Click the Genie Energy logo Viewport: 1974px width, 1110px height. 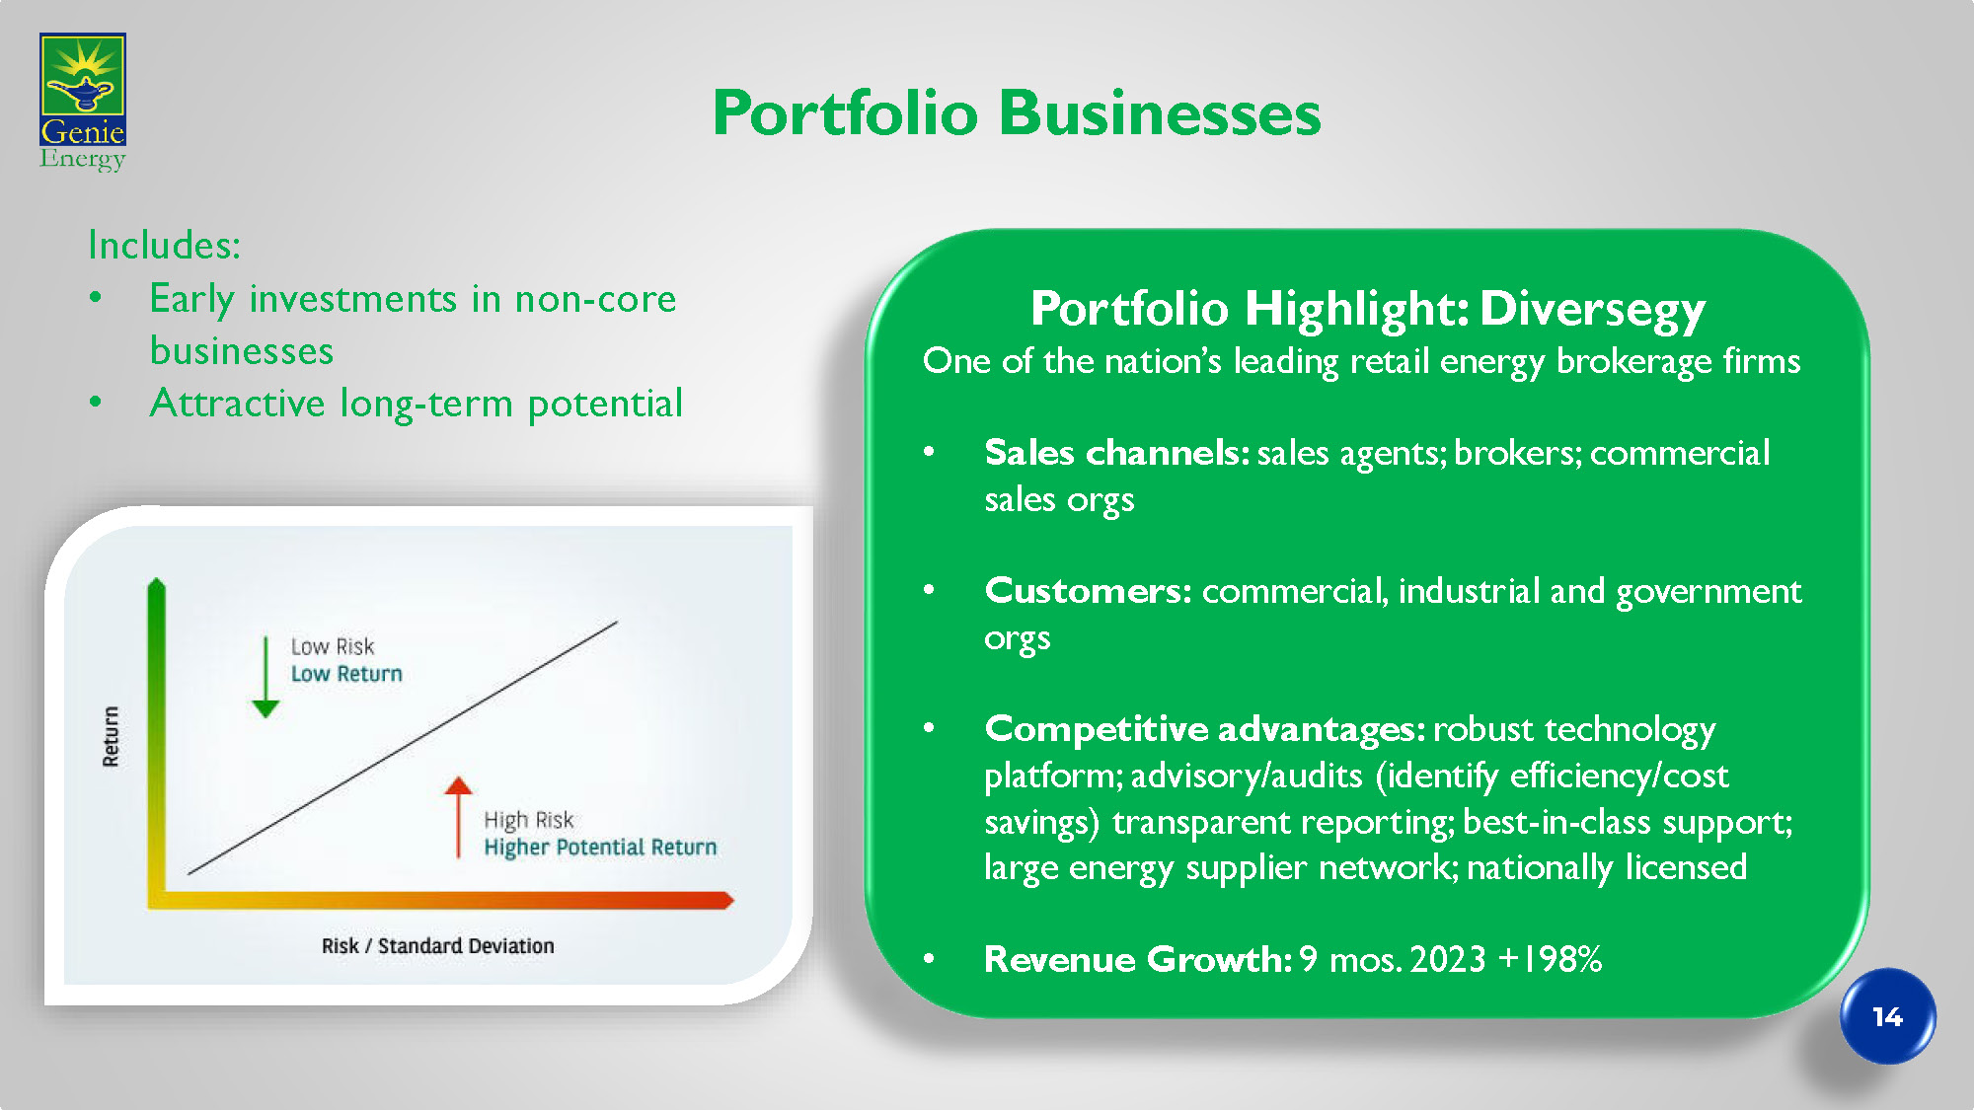83,103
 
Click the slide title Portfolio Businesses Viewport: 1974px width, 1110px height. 1017,112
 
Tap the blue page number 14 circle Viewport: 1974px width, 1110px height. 1887,1016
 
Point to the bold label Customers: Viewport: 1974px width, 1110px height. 1089,591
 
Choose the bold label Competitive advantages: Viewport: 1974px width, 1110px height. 1205,730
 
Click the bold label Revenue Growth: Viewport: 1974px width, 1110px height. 1138,959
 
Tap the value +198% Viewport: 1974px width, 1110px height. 1550,959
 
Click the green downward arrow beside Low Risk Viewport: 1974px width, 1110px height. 266,678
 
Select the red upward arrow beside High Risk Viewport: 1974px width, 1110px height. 458,817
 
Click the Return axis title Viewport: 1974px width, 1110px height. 111,736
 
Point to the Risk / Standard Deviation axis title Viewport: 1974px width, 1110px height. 438,945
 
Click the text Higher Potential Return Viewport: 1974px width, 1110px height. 600,848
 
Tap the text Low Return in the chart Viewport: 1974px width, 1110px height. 346,674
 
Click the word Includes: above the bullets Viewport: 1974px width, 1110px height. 164,245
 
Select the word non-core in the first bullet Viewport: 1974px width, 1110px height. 595,299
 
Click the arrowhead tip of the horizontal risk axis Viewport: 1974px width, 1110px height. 734,900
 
